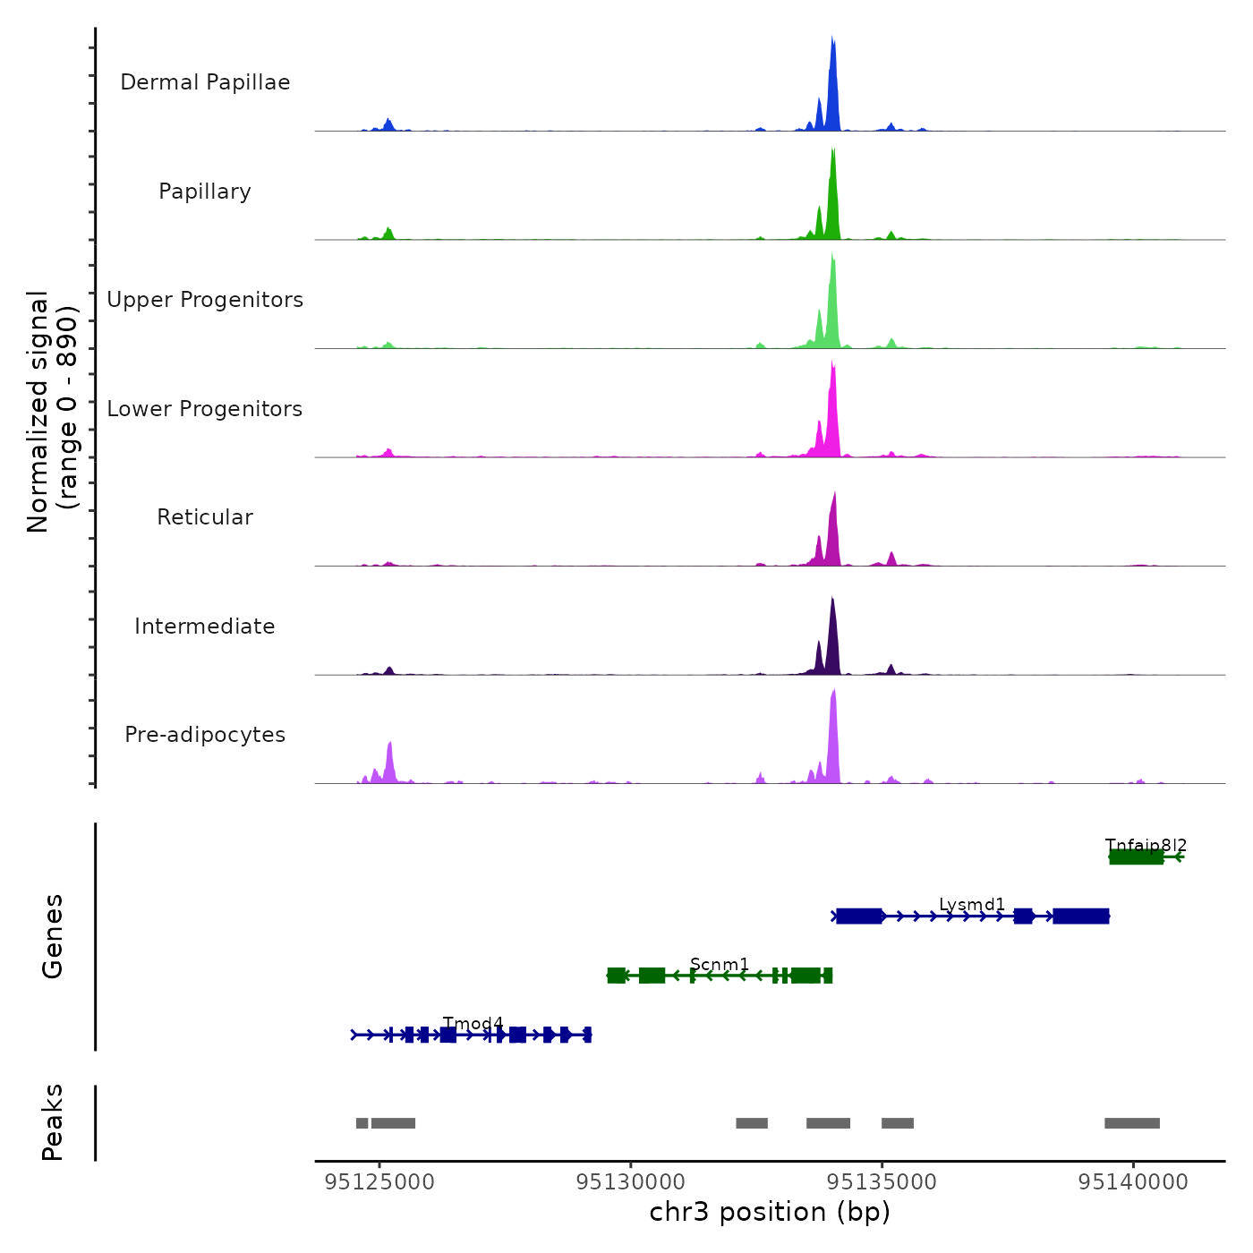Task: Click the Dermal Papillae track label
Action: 205,82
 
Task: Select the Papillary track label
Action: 205,192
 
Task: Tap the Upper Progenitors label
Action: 205,300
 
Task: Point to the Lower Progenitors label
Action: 205,409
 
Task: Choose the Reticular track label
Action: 205,517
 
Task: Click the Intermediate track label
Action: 205,626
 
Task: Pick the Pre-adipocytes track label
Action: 205,735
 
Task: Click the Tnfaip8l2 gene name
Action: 1146,845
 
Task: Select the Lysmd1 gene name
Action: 972,905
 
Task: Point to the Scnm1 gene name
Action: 720,964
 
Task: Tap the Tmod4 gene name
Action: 473,1023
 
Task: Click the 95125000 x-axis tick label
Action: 379,1182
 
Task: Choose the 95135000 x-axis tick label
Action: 882,1182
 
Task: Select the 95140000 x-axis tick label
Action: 1133,1182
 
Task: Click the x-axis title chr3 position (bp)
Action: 770,1212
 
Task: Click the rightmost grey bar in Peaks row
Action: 1132,1123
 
